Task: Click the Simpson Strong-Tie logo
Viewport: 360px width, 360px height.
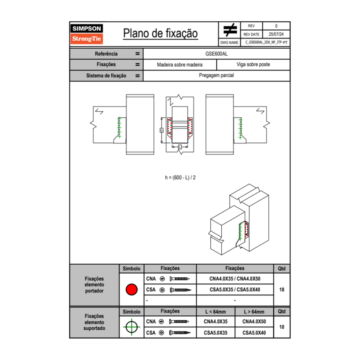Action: (x=87, y=34)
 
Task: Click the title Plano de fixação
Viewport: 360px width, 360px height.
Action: (x=160, y=33)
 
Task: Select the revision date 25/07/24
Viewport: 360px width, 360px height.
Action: (x=276, y=34)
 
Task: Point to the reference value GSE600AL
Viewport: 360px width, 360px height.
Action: (x=216, y=54)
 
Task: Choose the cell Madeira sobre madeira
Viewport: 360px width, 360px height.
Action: (x=180, y=65)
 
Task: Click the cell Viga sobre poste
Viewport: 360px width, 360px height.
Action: (x=253, y=65)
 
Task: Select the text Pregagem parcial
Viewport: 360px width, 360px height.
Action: (x=216, y=76)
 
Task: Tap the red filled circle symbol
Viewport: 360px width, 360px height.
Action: (x=131, y=290)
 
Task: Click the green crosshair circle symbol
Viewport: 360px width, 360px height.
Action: (x=131, y=327)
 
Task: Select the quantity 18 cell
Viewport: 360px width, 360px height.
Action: (x=281, y=290)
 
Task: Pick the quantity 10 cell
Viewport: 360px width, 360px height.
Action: (x=281, y=327)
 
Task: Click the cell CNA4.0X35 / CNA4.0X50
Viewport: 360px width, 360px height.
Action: (x=235, y=279)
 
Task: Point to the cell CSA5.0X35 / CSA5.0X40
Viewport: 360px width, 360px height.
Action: (x=235, y=290)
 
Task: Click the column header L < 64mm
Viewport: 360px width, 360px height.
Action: (x=216, y=312)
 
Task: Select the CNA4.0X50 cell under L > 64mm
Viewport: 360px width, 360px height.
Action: (x=254, y=322)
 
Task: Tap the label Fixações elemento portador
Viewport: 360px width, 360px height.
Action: (x=94, y=285)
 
